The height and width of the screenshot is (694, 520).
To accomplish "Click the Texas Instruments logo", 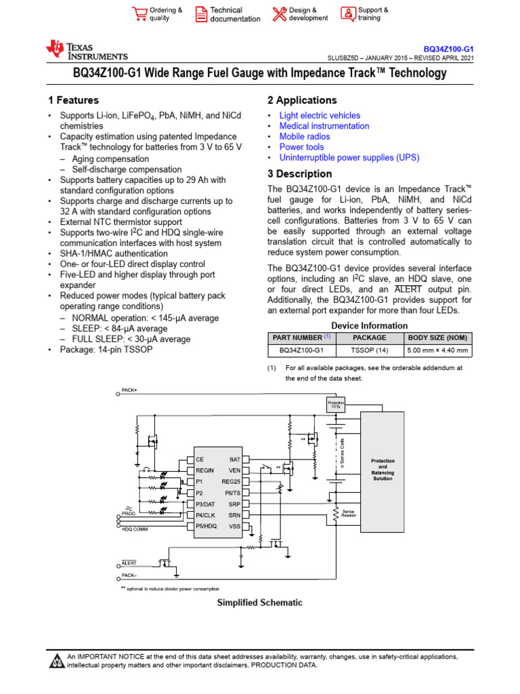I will pos(86,51).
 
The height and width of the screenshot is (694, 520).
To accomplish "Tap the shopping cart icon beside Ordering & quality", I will pos(139,14).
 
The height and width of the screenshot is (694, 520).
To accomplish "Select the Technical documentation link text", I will pos(235,15).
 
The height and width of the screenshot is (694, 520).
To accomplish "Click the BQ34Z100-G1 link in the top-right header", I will pos(448,49).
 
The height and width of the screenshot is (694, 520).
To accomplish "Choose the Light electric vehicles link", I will pos(320,116).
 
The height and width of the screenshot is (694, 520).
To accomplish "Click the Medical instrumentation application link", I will pos(324,126).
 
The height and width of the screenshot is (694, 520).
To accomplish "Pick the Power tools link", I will pos(301,147).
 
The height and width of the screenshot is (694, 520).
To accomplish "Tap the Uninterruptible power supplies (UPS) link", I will pos(349,157).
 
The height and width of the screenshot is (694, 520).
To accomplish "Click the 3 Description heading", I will pos(299,173).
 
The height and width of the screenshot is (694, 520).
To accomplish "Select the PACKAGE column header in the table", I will pos(370,337).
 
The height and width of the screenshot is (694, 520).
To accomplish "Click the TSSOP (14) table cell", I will pos(370,350).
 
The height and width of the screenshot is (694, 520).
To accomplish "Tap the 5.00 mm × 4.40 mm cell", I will pos(437,350).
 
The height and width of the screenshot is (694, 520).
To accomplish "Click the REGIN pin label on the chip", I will pos(204,470).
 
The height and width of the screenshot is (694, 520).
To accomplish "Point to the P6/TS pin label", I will pos(232,493).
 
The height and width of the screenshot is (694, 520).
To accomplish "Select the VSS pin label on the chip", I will pos(234,526).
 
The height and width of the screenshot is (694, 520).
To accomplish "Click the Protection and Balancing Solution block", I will pos(383,470).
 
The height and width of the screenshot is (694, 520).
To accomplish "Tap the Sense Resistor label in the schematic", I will pos(349,514).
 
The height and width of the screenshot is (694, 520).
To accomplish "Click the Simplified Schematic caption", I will pos(259,603).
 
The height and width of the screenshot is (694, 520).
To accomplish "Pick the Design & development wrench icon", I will pos(279,14).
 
